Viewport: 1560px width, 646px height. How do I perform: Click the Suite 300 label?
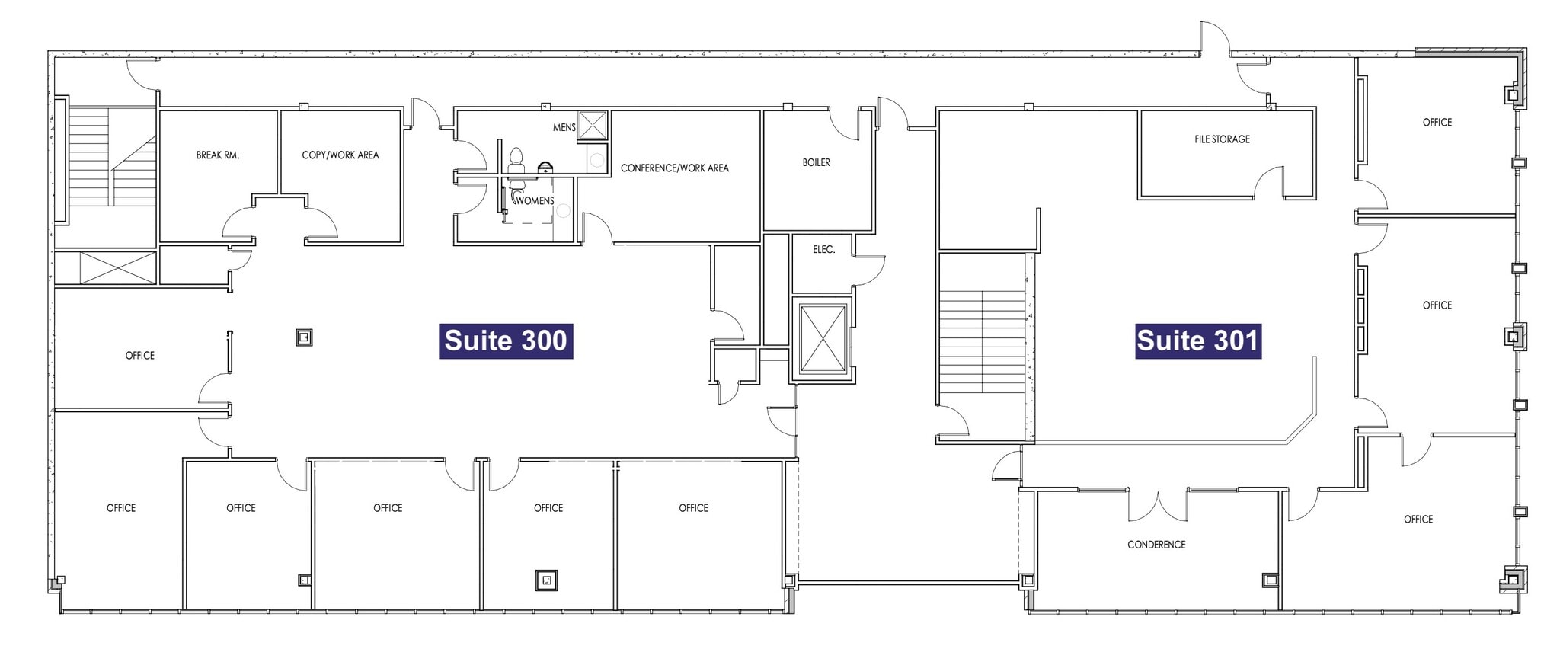click(506, 341)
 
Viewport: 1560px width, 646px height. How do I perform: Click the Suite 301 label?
click(1197, 341)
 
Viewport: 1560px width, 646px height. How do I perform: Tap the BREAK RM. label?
click(218, 155)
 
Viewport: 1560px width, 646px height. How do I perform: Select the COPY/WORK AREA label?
click(340, 155)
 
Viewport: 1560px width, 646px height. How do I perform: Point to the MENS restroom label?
click(564, 128)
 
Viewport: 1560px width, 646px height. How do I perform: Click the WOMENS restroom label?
click(535, 201)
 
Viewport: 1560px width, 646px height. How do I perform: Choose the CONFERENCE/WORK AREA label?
click(674, 168)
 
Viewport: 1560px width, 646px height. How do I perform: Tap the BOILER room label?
click(816, 163)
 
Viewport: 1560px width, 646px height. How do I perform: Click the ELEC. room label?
click(823, 250)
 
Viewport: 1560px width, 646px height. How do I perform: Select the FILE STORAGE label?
click(1222, 139)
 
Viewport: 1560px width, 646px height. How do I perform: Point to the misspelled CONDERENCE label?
click(1156, 545)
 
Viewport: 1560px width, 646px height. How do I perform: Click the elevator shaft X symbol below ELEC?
click(823, 339)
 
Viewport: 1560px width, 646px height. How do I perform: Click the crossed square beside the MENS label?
click(593, 126)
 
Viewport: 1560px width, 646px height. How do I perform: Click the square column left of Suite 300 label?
click(304, 337)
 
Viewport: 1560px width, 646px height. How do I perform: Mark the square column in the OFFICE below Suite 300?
click(546, 580)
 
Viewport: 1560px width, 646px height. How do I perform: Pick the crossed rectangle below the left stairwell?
click(117, 267)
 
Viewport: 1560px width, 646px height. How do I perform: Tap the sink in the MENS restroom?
click(546, 167)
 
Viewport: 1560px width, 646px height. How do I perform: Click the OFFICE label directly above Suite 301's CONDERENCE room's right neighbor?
click(1437, 305)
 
